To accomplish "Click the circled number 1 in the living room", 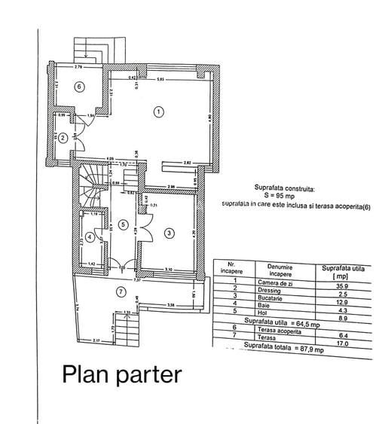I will click(x=158, y=111).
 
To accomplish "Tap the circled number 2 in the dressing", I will click(x=64, y=138).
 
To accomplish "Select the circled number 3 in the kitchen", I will click(x=170, y=233).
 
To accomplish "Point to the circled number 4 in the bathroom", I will click(x=90, y=237).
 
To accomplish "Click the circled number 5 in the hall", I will click(x=123, y=225).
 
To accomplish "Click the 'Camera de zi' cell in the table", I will click(x=265, y=281).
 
